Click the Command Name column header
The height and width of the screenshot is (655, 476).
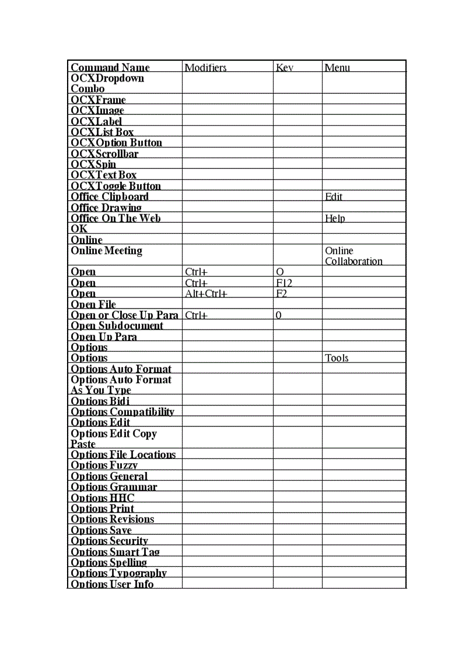point(110,68)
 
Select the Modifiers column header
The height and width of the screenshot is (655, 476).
point(205,68)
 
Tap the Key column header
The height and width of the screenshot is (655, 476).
point(284,68)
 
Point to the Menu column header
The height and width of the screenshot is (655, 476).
point(337,68)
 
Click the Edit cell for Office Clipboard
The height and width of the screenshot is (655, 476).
point(334,197)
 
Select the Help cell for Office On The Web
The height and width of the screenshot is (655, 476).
point(335,218)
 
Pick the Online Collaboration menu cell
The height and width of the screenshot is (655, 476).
point(353,256)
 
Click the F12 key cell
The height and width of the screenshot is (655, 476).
point(284,283)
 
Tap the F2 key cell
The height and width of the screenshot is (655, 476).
point(282,293)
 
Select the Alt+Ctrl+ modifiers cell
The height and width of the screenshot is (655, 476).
point(206,293)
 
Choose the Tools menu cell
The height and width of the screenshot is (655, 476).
point(337,358)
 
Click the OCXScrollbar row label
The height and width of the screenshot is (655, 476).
point(104,153)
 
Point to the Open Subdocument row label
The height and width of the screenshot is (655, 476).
point(117,325)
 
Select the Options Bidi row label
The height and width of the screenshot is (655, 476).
point(100,401)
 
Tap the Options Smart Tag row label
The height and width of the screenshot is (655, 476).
point(115,552)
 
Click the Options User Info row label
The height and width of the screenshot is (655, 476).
point(112,584)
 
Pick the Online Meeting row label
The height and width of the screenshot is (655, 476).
point(106,251)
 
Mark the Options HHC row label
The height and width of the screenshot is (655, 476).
point(102,498)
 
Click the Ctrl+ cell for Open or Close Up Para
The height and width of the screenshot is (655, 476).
point(197,315)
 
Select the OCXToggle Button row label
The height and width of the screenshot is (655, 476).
point(116,186)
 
